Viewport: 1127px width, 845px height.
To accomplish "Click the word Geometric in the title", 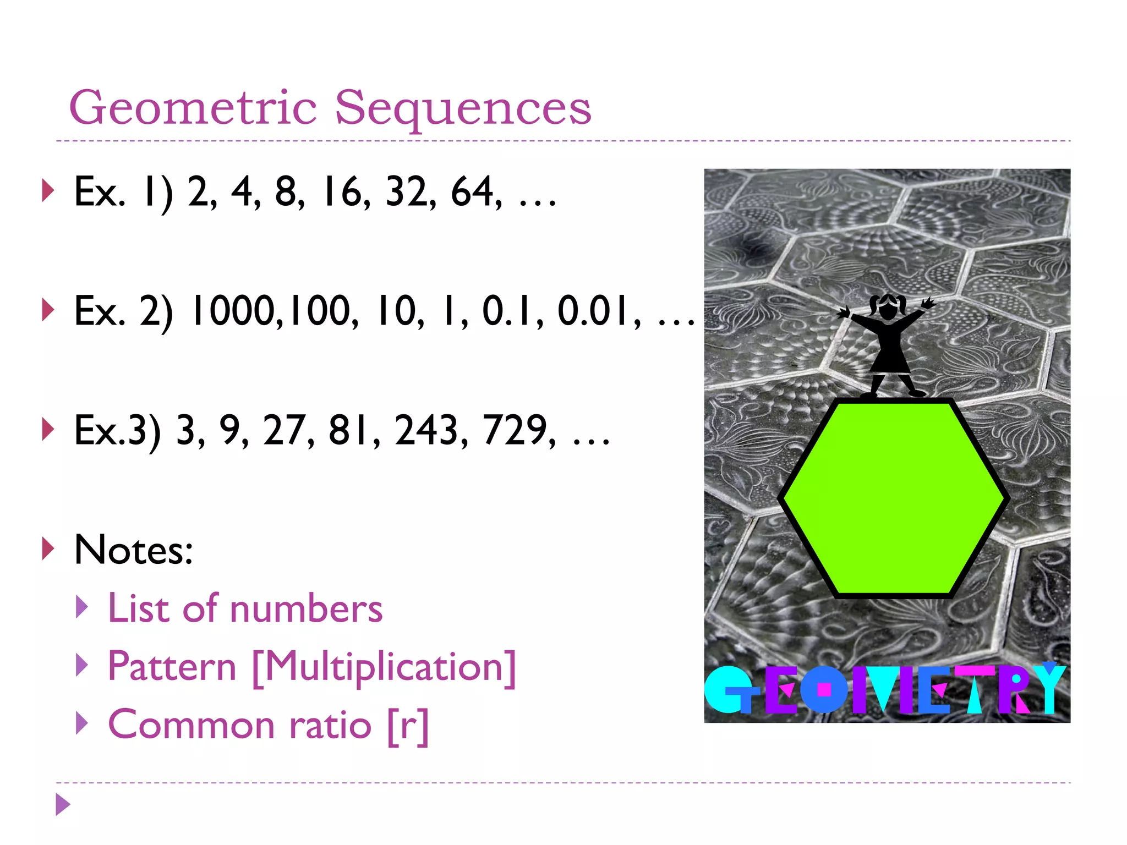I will (x=193, y=108).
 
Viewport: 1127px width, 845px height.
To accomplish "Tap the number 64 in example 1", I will (x=473, y=193).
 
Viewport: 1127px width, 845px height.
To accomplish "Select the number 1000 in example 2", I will (x=232, y=311).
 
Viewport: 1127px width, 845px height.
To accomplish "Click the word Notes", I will (x=134, y=550).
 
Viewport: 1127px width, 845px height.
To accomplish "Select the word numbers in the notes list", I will (x=306, y=610).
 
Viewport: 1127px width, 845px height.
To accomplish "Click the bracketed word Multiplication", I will (x=384, y=667).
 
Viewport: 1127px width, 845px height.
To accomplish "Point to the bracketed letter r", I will (x=408, y=726).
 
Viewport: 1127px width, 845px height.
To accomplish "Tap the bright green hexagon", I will (x=893, y=498).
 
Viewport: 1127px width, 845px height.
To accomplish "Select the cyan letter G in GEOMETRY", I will (x=726, y=690).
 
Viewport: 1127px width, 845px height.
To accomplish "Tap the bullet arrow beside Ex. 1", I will (x=48, y=191).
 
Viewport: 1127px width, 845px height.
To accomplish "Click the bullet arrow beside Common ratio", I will (x=82, y=723).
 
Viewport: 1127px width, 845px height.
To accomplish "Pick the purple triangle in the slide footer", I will (x=63, y=805).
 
